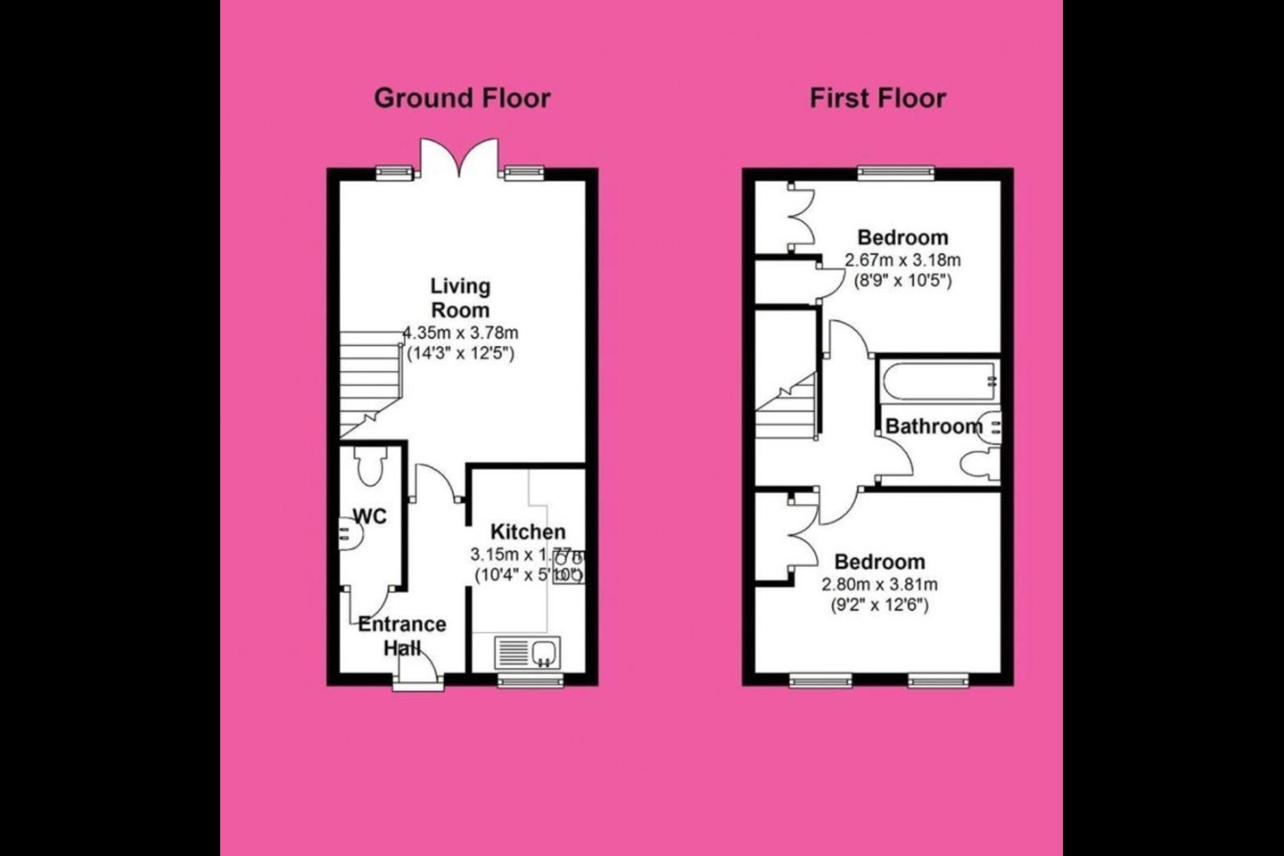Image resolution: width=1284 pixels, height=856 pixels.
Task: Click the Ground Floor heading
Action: pos(462,98)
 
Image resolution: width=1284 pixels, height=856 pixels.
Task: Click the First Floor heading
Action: pos(877,98)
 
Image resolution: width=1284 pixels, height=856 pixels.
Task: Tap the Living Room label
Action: pos(460,298)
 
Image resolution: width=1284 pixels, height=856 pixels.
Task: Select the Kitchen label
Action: pos(528,532)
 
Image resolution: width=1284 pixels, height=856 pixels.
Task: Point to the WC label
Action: pos(370,516)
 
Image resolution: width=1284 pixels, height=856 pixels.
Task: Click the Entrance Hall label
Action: pos(402,636)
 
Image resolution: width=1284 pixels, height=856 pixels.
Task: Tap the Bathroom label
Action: pos(934,426)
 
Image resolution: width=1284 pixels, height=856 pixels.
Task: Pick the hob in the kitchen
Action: pos(574,565)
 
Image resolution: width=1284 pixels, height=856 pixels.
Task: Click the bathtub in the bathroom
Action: pos(939,382)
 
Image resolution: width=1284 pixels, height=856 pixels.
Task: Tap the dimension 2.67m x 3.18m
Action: pos(902,260)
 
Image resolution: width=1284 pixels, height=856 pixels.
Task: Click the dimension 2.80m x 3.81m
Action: pos(879,585)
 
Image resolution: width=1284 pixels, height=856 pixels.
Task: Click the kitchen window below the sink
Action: pos(531,680)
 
